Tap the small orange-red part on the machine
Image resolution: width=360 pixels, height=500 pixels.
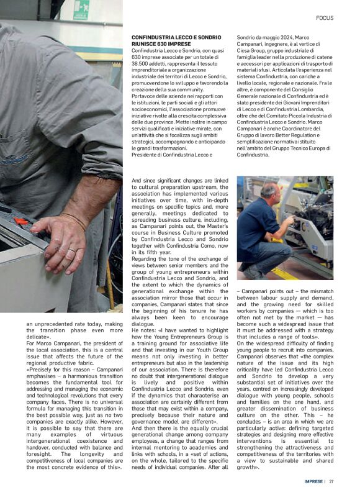point(21,220)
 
